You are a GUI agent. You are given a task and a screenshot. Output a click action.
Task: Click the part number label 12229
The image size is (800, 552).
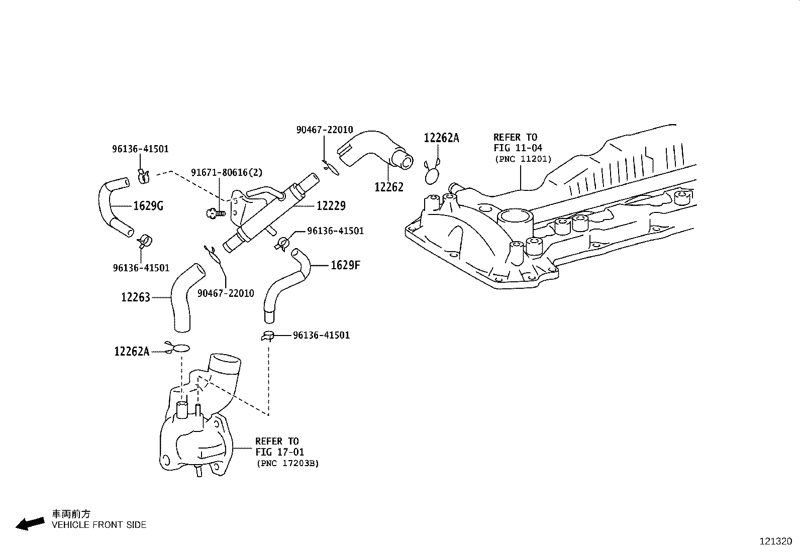tap(331, 206)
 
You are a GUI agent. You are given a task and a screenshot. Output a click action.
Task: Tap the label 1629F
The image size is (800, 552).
tap(345, 265)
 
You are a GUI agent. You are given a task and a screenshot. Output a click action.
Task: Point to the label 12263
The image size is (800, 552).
tap(136, 297)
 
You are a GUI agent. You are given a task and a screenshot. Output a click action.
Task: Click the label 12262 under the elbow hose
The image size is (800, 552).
tap(389, 187)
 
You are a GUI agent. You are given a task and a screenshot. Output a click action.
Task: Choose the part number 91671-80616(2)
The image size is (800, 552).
tap(227, 172)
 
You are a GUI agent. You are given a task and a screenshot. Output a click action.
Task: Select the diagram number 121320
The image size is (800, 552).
tap(775, 541)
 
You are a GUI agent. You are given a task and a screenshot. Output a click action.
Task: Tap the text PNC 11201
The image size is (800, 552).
tap(523, 159)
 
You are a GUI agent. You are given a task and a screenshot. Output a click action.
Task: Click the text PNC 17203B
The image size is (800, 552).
tap(287, 463)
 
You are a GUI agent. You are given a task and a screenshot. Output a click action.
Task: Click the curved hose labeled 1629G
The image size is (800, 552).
tap(112, 206)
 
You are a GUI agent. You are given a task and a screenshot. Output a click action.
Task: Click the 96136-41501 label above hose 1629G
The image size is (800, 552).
tap(140, 149)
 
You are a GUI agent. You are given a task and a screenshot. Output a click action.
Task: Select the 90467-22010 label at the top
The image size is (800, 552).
tap(325, 130)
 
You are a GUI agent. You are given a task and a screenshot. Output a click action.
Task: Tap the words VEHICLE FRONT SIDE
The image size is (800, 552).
tap(99, 525)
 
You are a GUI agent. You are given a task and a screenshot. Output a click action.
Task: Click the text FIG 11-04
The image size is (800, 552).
tap(518, 148)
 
